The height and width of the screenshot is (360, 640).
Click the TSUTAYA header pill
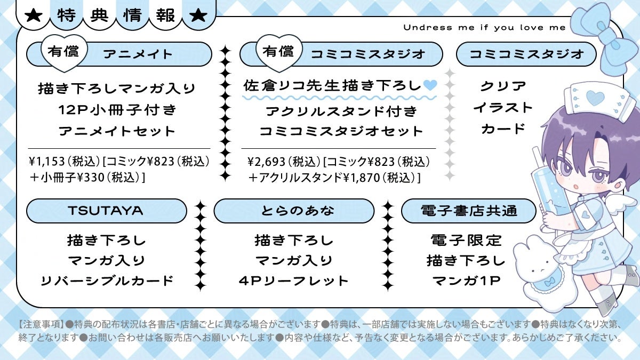pos(106,211)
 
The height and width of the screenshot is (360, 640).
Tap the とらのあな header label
pos(294,211)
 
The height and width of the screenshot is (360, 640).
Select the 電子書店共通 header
pos(468,211)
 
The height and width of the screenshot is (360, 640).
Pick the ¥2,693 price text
pos(266,161)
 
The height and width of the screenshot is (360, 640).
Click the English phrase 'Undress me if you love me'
pos(484,28)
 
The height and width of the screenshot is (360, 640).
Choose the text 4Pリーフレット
pos(294,281)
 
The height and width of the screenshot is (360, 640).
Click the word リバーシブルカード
pos(107,281)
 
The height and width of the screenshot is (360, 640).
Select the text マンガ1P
pos(466,281)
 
